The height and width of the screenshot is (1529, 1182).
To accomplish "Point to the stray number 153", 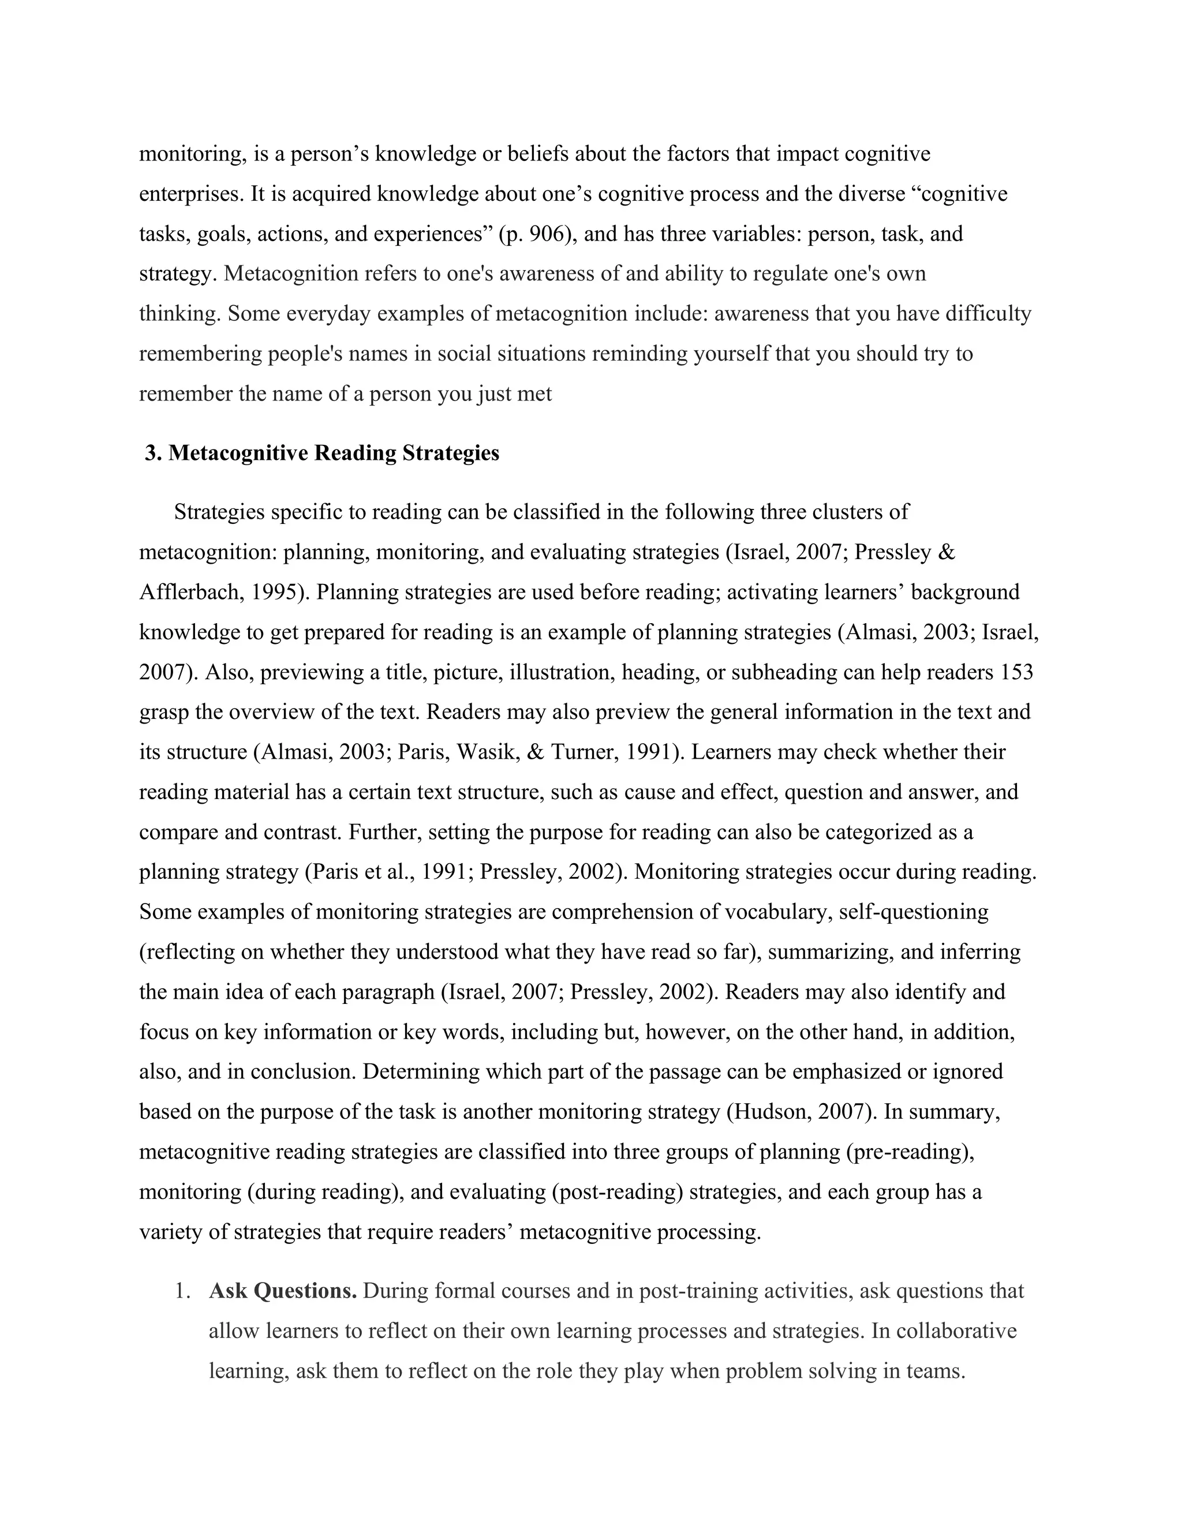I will pos(1017,672).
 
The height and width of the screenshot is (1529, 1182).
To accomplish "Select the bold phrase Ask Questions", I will pos(283,1290).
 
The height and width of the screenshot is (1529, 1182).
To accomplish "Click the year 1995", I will pos(277,593).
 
